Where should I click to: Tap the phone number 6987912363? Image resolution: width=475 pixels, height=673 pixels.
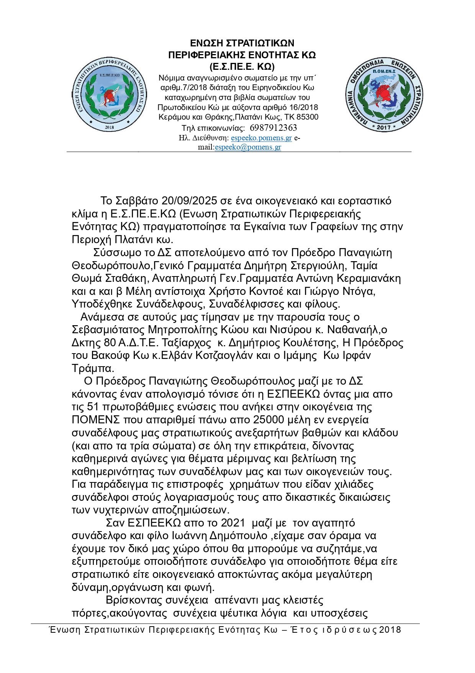click(273, 128)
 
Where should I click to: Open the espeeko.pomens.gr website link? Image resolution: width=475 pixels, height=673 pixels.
click(262, 138)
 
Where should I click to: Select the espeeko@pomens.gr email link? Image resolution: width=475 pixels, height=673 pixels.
click(248, 147)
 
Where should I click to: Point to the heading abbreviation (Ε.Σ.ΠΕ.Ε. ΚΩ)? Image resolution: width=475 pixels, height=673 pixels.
click(242, 66)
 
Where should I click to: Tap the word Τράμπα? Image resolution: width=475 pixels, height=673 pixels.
click(93, 369)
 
